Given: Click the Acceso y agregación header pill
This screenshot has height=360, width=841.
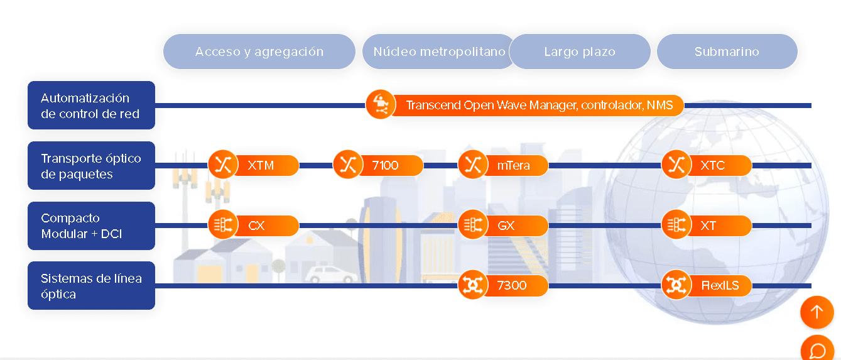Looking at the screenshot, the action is click(259, 52).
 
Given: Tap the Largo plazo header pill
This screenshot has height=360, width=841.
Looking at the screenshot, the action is click(580, 52).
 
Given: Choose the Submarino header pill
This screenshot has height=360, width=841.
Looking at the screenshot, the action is click(727, 52).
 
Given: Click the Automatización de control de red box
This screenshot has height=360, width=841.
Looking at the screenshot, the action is click(91, 105).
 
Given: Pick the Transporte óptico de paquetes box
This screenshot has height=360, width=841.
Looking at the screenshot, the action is click(91, 165).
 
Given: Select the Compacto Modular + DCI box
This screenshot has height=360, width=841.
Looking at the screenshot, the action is click(91, 226).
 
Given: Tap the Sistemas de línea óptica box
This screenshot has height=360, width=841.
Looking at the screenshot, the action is click(91, 286).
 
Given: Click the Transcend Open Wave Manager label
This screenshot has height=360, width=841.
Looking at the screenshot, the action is click(539, 105).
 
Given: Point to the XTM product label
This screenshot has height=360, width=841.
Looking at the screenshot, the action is click(261, 165).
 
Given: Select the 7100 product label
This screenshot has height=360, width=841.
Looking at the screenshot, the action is click(385, 165).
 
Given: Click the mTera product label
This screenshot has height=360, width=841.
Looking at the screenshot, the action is click(513, 165).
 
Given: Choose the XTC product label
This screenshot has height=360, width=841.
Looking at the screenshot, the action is click(712, 165).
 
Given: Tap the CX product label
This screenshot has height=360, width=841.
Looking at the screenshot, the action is click(256, 226).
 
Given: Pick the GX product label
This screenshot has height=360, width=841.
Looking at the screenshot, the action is click(506, 226).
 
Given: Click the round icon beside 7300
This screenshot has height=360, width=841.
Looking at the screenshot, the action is click(473, 285).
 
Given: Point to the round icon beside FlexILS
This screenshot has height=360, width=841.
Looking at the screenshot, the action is click(676, 285).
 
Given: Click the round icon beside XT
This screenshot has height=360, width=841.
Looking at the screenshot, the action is click(676, 224).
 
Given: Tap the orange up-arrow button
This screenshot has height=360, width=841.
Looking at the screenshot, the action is click(817, 312).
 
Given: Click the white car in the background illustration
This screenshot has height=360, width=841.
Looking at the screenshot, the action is click(330, 275).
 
